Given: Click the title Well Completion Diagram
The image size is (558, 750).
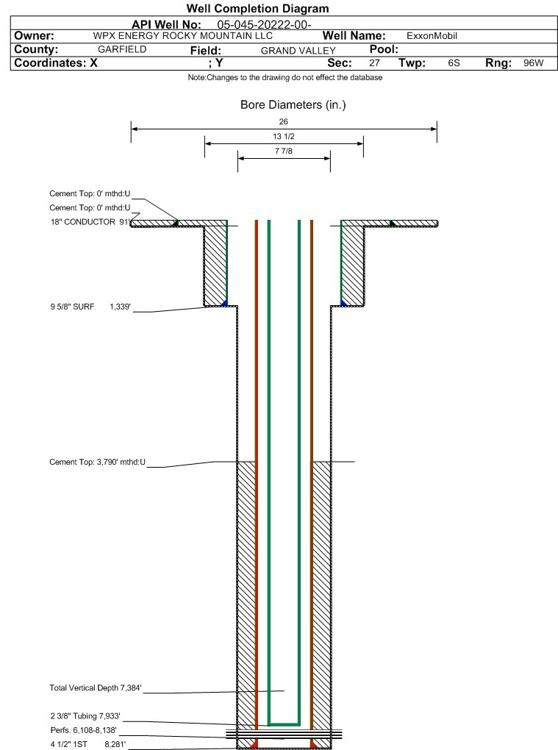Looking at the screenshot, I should tap(257, 9).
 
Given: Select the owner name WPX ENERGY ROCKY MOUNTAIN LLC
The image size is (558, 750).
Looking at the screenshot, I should tap(183, 36).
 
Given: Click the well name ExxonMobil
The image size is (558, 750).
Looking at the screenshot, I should tap(432, 36).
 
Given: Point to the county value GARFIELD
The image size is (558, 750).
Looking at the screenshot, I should tap(122, 49).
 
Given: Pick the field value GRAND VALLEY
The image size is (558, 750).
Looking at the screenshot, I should tap(298, 51).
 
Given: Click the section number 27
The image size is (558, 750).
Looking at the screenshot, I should tap(374, 63).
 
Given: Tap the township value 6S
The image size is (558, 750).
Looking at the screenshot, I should tap(454, 63).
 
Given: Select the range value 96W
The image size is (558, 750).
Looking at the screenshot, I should tap(533, 63).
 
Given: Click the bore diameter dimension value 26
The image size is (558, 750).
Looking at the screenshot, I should tap(284, 121).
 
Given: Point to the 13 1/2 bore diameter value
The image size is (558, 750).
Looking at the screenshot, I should tap(284, 137).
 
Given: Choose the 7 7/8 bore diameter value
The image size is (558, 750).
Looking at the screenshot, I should tap(284, 151).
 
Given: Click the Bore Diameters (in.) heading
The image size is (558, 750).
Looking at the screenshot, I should tap(293, 105).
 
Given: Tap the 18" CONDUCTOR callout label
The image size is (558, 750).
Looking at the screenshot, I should tap(89, 221).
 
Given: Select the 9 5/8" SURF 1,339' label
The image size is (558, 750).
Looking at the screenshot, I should tap(90, 307).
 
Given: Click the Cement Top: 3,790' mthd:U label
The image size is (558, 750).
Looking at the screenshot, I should tap(98, 463).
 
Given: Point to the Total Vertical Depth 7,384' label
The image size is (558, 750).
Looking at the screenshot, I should tap(95, 688).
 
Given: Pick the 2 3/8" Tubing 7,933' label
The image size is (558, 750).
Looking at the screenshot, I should tap(85, 716).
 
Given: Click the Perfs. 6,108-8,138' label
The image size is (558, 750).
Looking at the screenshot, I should tap(83, 730).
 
